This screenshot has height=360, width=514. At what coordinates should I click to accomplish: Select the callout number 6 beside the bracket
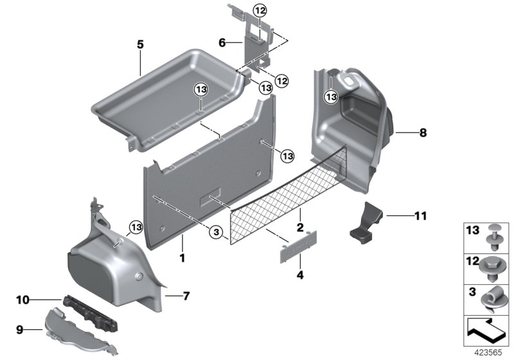pyautogui.click(x=222, y=42)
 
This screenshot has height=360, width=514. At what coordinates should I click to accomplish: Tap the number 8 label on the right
pyautogui.click(x=422, y=133)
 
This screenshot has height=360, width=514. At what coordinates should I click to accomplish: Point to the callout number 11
pyautogui.click(x=421, y=216)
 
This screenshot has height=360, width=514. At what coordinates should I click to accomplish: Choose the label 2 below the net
pyautogui.click(x=299, y=227)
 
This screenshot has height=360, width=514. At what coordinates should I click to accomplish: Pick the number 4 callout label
pyautogui.click(x=299, y=276)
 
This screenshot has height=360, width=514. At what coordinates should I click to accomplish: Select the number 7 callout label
pyautogui.click(x=186, y=296)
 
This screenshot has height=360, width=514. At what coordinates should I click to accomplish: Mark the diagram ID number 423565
pyautogui.click(x=486, y=353)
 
